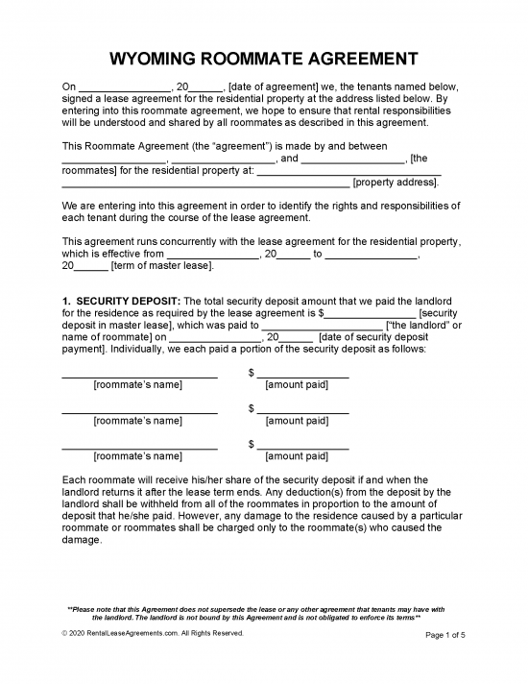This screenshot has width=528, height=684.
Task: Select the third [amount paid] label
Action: click(297, 456)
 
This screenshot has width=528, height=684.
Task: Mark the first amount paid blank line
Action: click(302, 375)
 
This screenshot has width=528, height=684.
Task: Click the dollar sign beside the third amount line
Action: click(251, 445)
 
